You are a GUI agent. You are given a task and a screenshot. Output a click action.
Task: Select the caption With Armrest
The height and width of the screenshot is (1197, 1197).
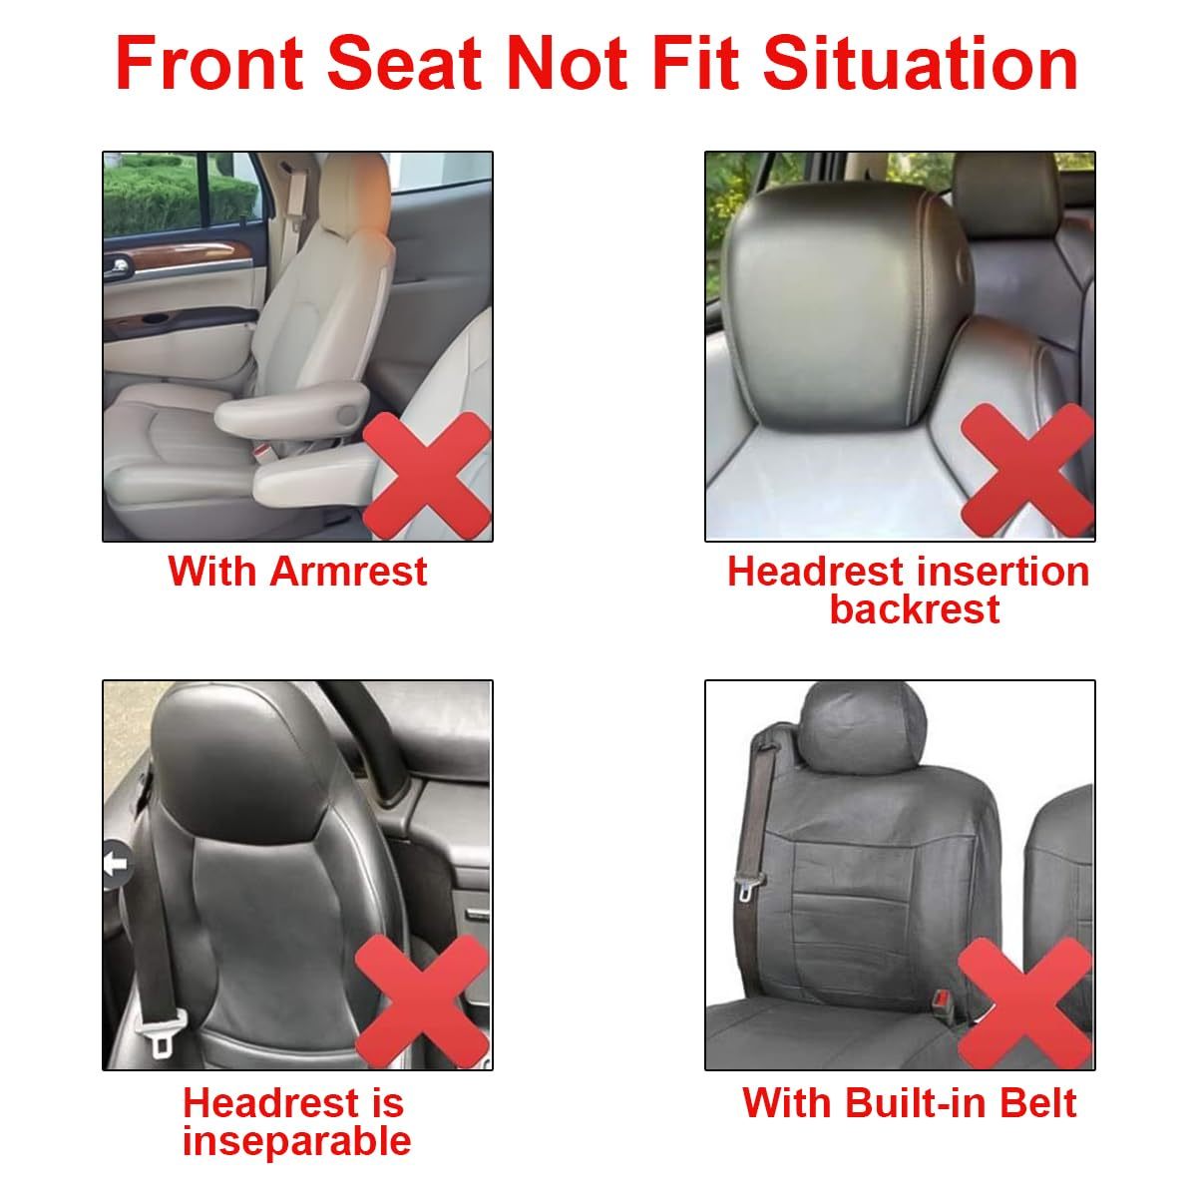297,572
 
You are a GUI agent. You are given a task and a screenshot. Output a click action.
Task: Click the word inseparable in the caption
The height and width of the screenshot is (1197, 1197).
296,1140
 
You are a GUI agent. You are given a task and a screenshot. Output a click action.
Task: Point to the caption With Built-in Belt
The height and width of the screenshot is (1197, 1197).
909,1103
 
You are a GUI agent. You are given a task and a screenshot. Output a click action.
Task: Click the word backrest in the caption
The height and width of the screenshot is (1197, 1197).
914,608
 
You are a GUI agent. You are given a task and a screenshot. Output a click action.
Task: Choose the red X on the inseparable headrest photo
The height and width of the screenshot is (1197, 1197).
422,1001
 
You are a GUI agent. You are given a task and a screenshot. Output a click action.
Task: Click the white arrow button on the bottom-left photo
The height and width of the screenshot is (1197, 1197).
117,863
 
